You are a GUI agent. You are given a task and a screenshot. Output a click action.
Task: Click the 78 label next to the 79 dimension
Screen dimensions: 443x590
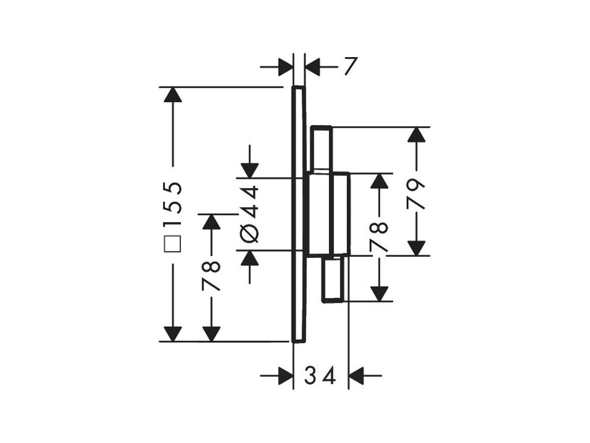(x=380, y=236)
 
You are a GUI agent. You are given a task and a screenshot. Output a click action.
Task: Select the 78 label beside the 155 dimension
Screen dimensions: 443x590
(x=212, y=276)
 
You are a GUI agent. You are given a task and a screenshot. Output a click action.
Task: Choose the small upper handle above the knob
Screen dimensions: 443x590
(x=322, y=149)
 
